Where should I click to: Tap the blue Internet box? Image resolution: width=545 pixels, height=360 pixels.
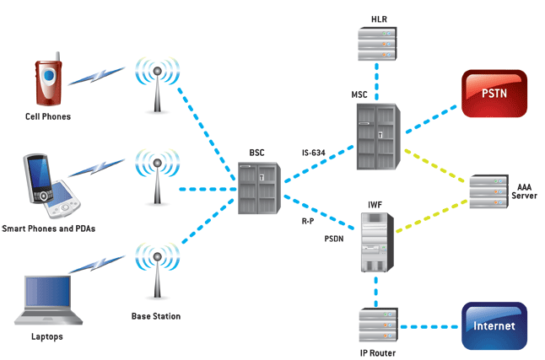(494, 325)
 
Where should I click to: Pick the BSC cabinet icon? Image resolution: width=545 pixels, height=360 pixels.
(256, 185)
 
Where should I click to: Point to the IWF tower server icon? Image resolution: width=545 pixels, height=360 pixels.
(376, 242)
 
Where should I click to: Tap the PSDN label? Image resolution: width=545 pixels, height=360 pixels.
(335, 239)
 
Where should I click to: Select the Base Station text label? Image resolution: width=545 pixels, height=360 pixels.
(155, 317)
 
